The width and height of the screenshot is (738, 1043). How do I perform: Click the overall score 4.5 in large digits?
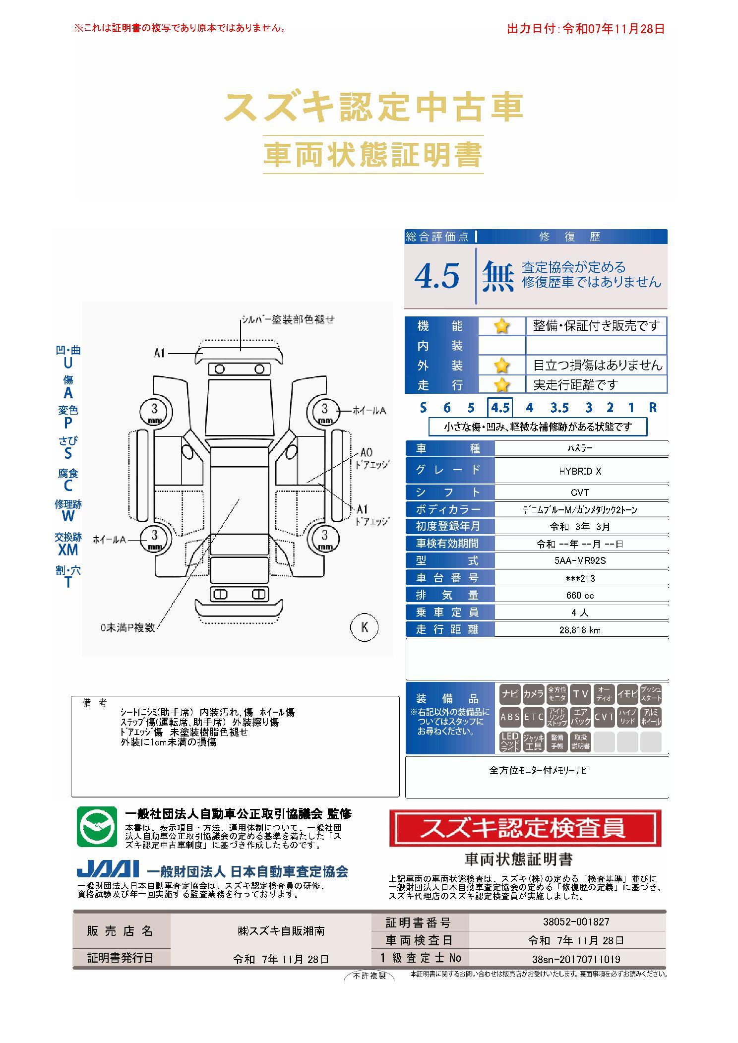[437, 276]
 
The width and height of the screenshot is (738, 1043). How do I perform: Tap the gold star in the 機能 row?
[501, 326]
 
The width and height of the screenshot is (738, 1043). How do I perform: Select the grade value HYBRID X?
[580, 471]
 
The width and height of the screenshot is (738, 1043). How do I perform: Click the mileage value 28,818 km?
[580, 630]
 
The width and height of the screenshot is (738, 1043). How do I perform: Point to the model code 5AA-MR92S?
[580, 561]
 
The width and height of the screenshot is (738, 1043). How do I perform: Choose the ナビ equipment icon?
[510, 694]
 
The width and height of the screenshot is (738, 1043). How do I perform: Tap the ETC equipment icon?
[534, 717]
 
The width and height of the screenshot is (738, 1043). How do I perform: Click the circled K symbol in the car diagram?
[365, 627]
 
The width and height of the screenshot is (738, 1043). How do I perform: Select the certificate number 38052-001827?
[576, 921]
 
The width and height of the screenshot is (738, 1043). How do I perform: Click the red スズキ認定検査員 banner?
[525, 829]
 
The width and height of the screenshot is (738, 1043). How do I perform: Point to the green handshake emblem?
[97, 827]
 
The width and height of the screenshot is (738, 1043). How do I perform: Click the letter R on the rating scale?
[653, 408]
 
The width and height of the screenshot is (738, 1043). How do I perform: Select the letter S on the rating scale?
[423, 408]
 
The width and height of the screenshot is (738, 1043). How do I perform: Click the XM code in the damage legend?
[68, 550]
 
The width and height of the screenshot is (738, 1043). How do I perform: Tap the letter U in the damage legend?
[68, 363]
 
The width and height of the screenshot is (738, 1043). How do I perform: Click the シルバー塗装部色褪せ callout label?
[288, 319]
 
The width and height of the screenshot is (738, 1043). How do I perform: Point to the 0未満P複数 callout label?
[127, 627]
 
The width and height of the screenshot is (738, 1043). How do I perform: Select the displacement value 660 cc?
[580, 595]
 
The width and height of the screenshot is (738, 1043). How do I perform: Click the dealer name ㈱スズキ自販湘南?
[281, 931]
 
